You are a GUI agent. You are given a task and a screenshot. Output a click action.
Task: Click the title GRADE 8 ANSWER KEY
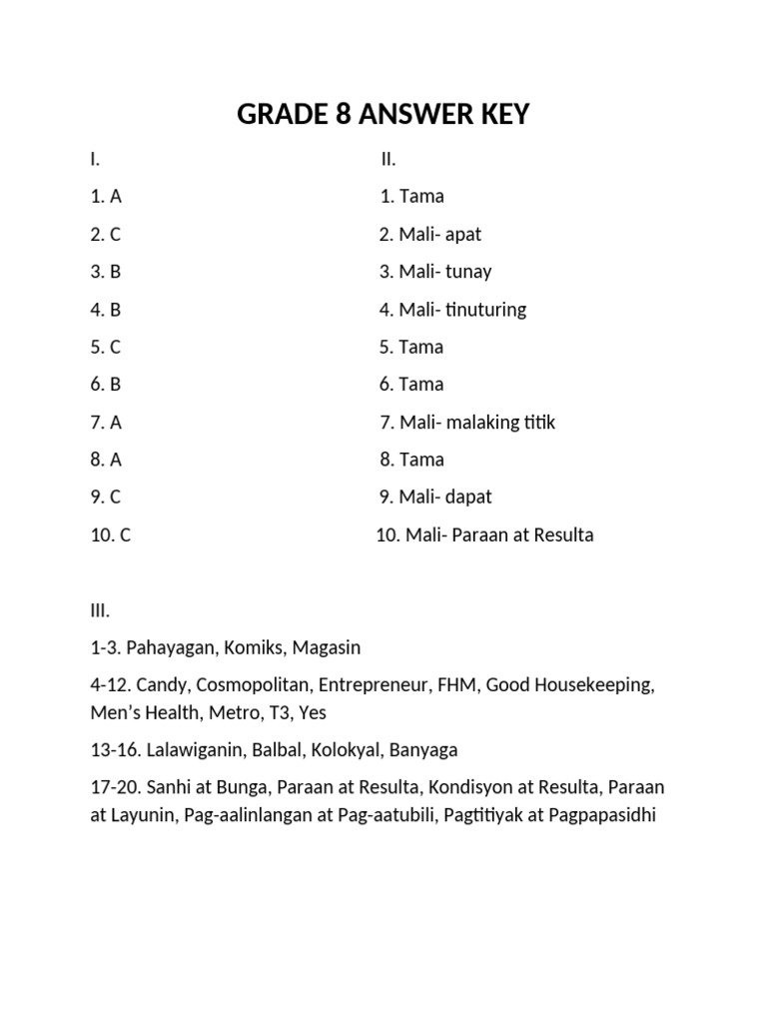click(383, 116)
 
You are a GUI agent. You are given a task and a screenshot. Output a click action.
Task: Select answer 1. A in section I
click(106, 197)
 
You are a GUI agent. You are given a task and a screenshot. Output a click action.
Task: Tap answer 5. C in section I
click(106, 348)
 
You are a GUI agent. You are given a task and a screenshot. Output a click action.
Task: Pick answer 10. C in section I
click(111, 535)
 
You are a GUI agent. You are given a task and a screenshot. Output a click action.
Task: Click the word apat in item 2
click(463, 235)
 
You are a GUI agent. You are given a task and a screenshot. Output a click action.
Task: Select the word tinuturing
click(485, 310)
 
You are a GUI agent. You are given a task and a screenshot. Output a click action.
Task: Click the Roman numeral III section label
click(100, 611)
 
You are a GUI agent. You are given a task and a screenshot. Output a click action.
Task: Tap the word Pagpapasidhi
click(594, 815)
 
